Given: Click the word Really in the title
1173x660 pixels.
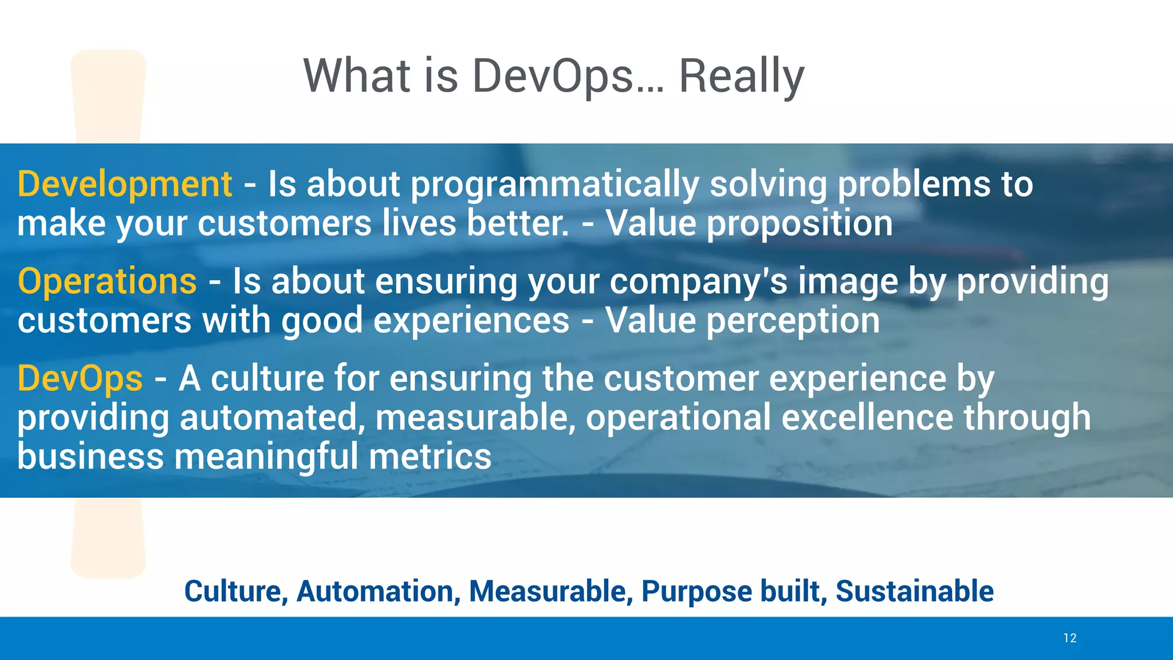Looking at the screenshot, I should coord(741,76).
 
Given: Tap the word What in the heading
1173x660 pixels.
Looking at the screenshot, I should coord(356,76).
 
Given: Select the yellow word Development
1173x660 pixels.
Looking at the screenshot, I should coord(125,184).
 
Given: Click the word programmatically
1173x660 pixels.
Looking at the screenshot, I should coord(554,184).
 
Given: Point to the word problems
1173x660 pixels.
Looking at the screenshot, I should coord(914,184).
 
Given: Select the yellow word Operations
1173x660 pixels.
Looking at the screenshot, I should coord(107,282).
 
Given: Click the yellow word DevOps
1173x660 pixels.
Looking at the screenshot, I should coord(80,379).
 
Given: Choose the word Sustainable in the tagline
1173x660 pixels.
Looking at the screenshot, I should coord(914,591).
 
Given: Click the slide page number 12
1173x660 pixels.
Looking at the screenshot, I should coord(1069,638).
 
